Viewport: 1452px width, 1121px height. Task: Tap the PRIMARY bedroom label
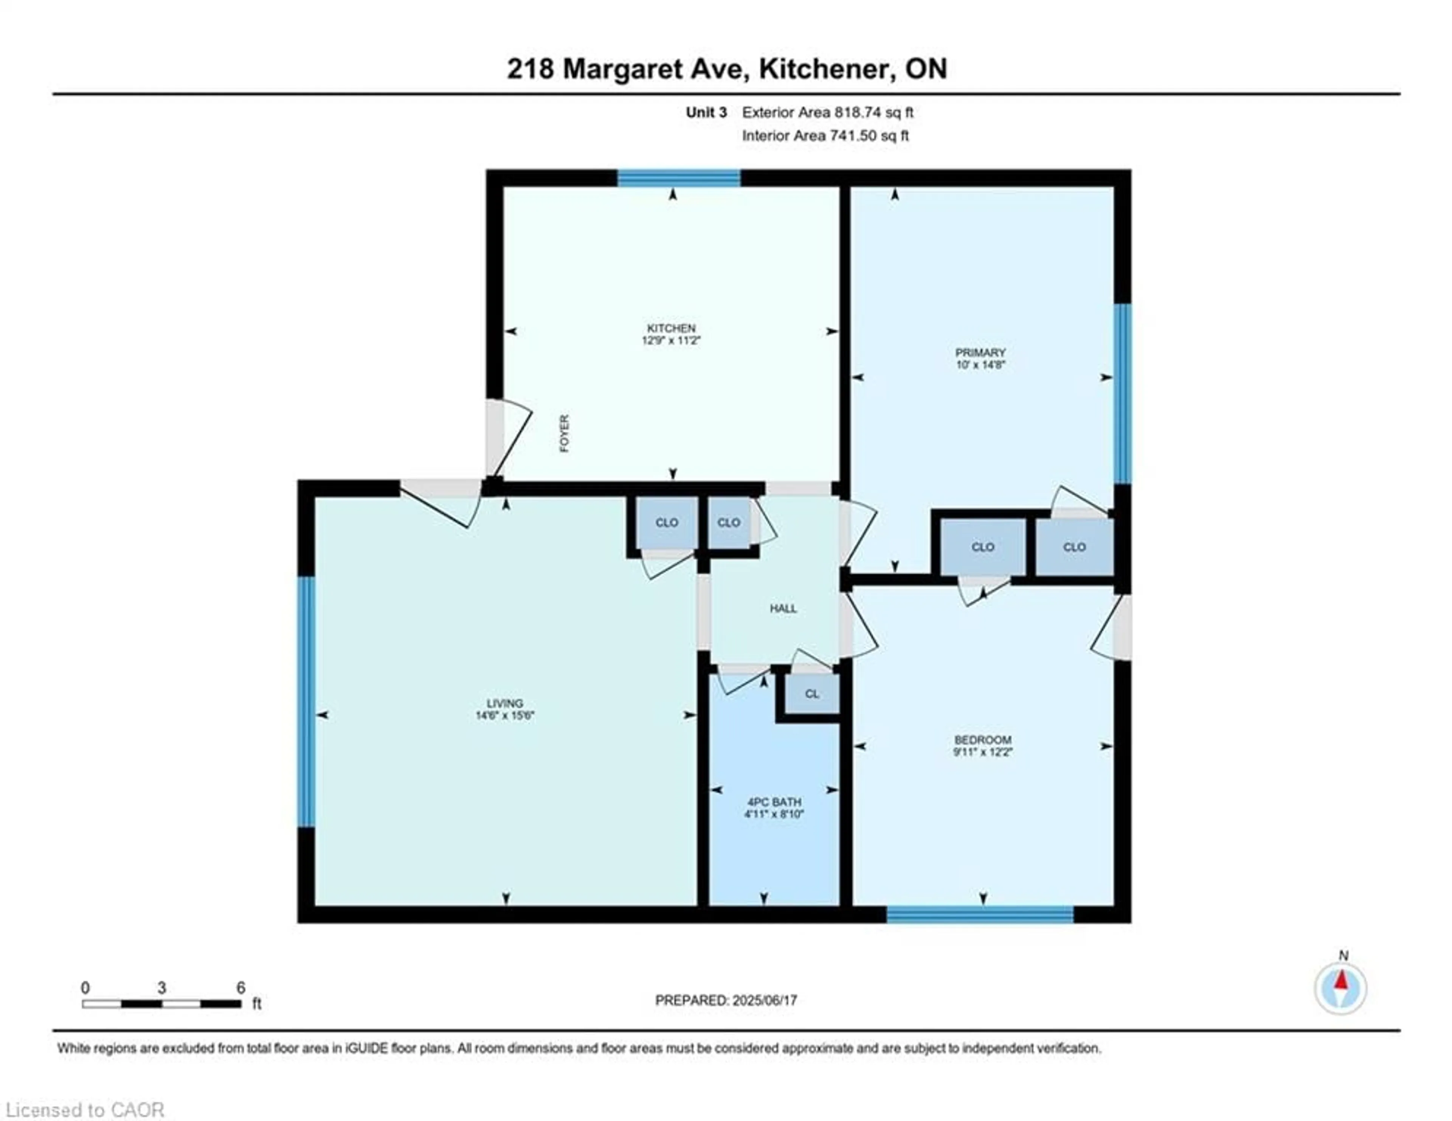pos(980,352)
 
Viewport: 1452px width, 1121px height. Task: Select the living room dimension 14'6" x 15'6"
pos(505,716)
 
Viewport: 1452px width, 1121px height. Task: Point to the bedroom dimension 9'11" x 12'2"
pos(982,753)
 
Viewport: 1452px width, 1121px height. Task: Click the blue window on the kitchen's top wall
pos(679,178)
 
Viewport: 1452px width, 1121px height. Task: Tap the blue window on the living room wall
pos(306,702)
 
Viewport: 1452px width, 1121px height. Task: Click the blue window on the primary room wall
pos(1122,394)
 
